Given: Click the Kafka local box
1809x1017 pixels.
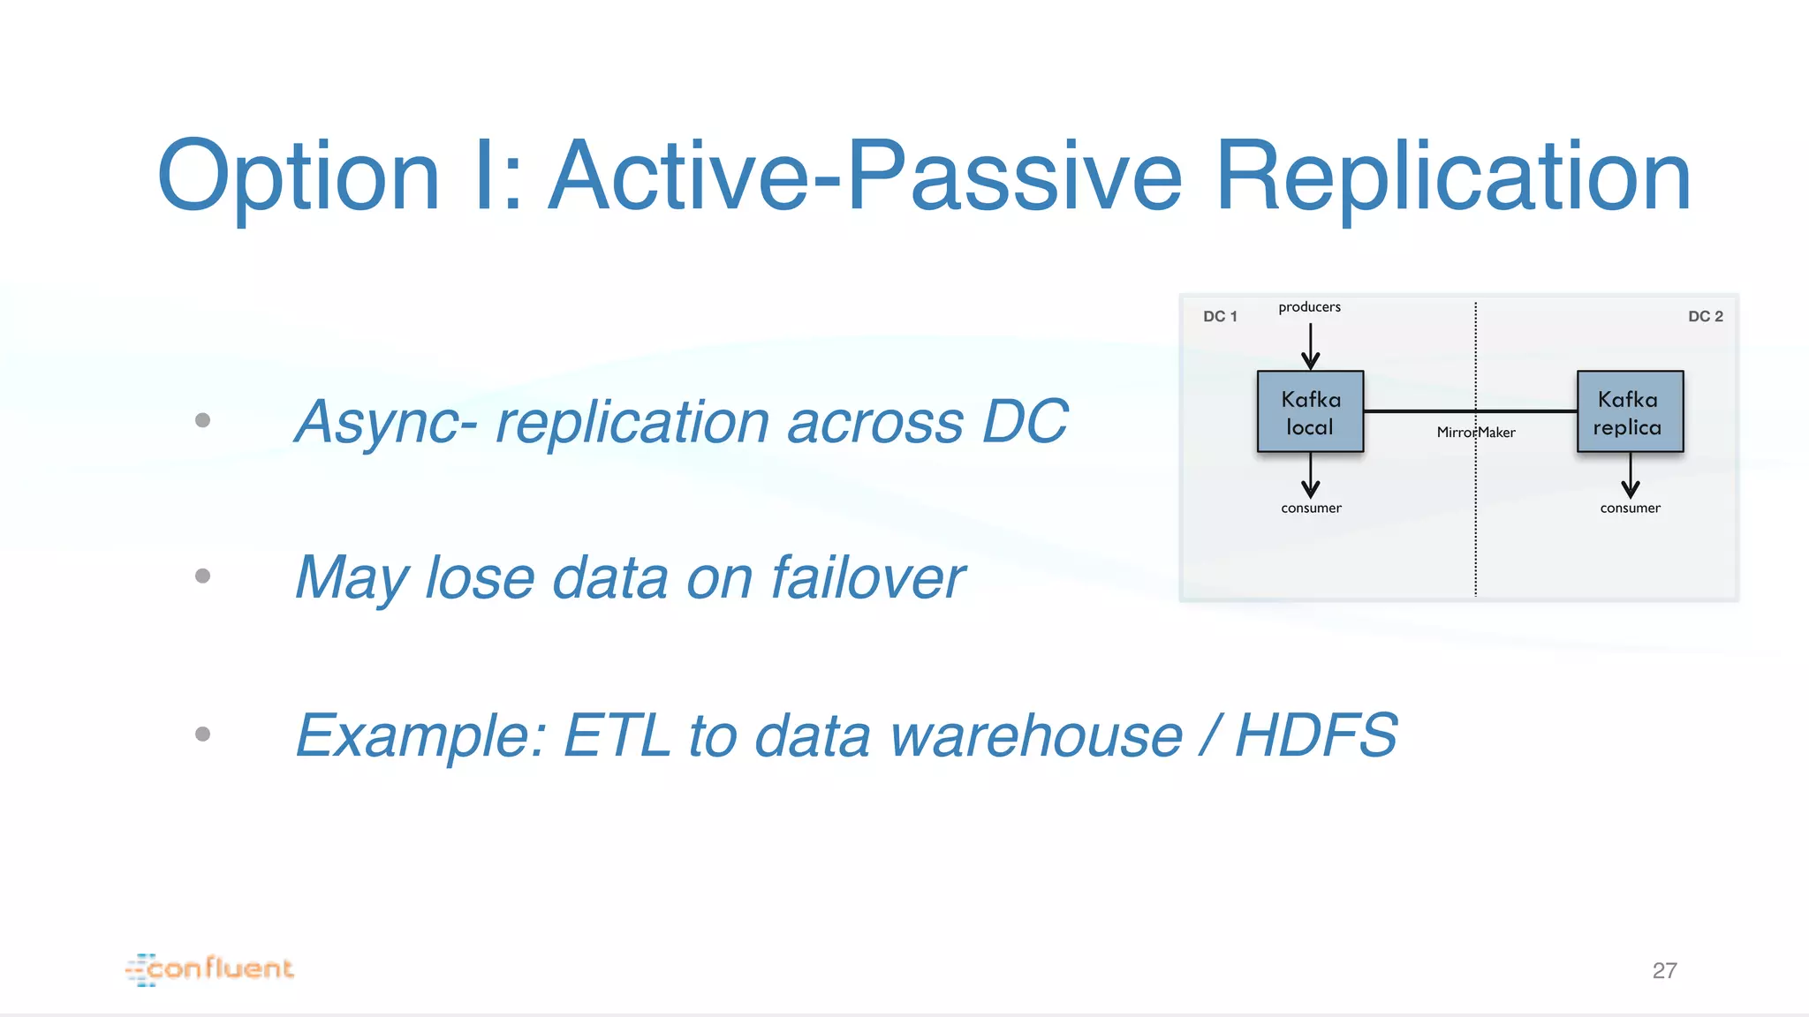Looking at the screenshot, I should [x=1310, y=412].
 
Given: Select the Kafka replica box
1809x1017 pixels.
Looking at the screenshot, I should [x=1630, y=412].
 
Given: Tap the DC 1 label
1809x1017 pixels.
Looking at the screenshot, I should [x=1220, y=316].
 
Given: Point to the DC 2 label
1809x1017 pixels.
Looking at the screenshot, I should [x=1705, y=316].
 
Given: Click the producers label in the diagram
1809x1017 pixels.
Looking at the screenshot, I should [x=1309, y=307].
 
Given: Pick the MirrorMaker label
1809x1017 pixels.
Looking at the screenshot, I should [x=1475, y=433].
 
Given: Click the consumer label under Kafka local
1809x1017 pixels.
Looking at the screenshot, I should [x=1311, y=508].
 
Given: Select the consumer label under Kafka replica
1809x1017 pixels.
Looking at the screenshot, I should [x=1630, y=508].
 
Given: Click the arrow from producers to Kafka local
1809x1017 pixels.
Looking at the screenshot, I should [x=1311, y=346].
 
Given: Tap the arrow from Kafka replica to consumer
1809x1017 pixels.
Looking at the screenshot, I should [x=1631, y=476].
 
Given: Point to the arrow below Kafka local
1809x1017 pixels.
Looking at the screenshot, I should [x=1311, y=476].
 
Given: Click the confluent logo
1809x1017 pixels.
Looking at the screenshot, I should [x=210, y=968].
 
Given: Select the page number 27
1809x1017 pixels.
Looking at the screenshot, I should [x=1664, y=970].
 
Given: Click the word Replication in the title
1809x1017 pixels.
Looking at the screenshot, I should [x=1453, y=177].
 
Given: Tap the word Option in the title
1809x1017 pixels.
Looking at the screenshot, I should [x=299, y=177].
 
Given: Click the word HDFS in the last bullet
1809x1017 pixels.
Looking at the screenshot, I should [x=1316, y=734].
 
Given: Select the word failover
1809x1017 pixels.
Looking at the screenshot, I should [x=867, y=577].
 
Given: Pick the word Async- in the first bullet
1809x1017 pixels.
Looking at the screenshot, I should [x=386, y=422].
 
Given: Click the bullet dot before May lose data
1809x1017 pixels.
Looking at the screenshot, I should [x=202, y=576].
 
